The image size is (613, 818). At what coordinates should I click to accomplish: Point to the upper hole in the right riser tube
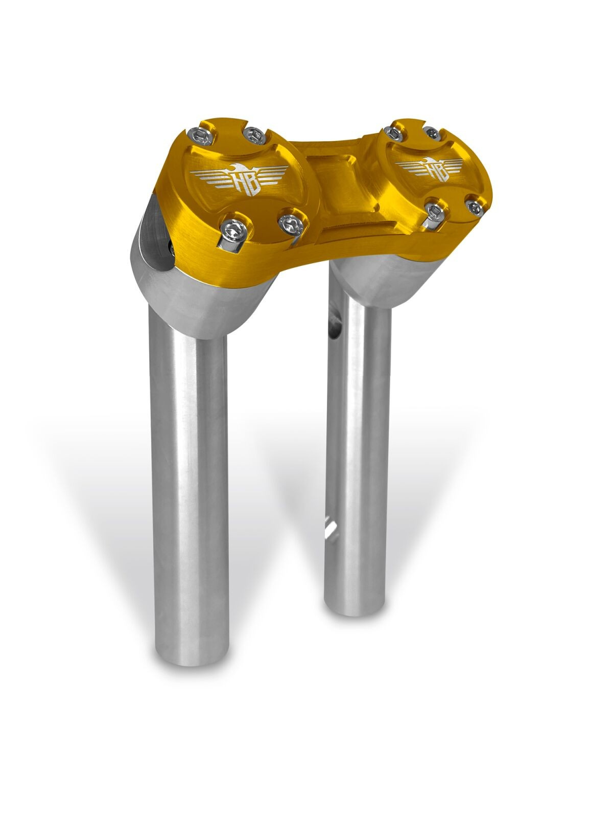[x=335, y=327]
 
